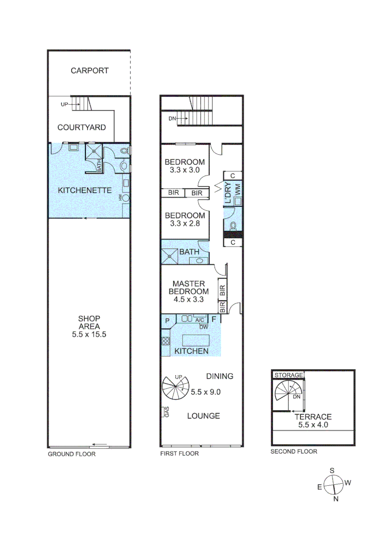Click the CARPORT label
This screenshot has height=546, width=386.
tap(90, 71)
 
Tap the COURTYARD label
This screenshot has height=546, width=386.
tap(81, 127)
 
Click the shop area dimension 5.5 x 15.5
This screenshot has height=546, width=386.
tap(89, 335)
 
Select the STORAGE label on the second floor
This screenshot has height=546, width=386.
tap(288, 375)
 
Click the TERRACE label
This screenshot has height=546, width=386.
tap(313, 417)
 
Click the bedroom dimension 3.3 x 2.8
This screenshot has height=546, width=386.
tap(185, 224)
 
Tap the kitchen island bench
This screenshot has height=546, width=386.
tap(196, 339)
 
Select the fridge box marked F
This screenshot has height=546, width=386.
tap(213, 320)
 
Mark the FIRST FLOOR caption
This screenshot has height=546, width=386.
tap(179, 453)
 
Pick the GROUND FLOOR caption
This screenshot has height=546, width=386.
tap(71, 453)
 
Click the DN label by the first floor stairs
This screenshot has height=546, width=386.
tap(173, 119)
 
